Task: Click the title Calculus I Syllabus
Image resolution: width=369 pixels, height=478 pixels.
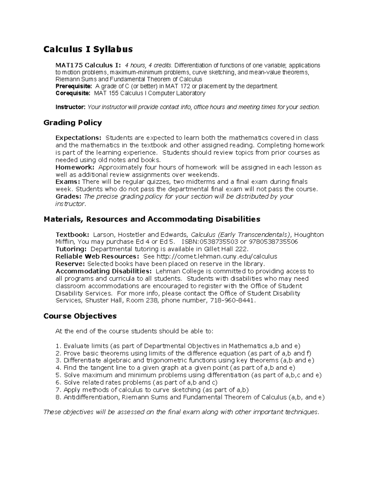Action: tap(88, 49)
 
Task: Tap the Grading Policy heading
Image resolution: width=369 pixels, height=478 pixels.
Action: tap(73, 123)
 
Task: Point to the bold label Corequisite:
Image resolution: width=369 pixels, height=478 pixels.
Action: tap(73, 93)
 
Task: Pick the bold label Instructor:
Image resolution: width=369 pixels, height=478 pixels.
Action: tap(70, 107)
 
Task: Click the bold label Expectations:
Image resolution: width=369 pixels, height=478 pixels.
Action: tap(78, 138)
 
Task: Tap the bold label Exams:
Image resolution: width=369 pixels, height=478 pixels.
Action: tap(68, 182)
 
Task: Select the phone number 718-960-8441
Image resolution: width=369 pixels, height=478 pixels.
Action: tap(232, 300)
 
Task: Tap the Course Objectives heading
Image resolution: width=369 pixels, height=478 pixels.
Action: tap(80, 316)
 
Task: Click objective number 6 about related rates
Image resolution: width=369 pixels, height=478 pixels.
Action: tap(137, 383)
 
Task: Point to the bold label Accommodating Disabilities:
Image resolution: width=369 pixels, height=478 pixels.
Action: tap(104, 271)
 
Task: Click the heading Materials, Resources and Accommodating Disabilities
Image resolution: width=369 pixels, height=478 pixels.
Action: tap(152, 219)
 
